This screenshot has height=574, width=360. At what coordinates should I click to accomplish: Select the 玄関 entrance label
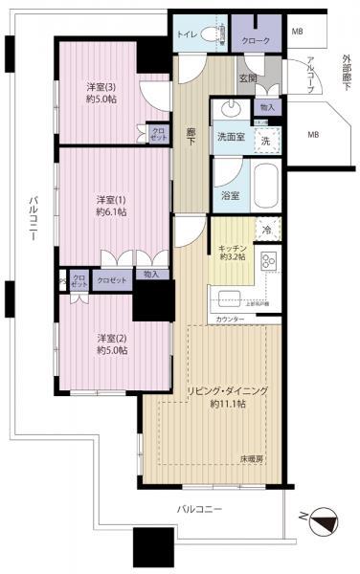pyautogui.click(x=247, y=78)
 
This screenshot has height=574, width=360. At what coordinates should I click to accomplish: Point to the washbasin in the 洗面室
pyautogui.click(x=231, y=107)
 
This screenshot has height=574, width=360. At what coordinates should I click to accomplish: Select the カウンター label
pyautogui.click(x=230, y=319)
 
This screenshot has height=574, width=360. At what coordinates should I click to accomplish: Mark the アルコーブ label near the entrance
pyautogui.click(x=313, y=72)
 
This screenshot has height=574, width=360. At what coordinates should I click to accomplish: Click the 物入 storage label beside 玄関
pyautogui.click(x=267, y=108)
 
